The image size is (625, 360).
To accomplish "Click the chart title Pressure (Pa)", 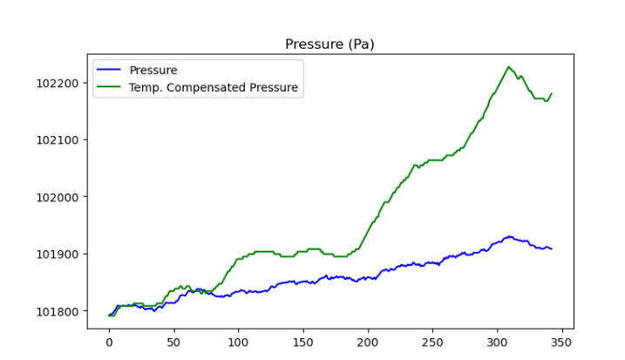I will pos(329,44).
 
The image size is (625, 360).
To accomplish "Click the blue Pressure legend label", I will pos(153,70).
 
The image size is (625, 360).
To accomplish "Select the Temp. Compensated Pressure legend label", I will pos(214,87).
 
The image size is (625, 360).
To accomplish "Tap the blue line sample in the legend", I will pos(110,70).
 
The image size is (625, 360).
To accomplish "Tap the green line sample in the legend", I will pos(110,87).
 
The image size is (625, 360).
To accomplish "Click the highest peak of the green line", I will pos(508,66).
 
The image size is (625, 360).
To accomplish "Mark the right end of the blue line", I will pos(551,249).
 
